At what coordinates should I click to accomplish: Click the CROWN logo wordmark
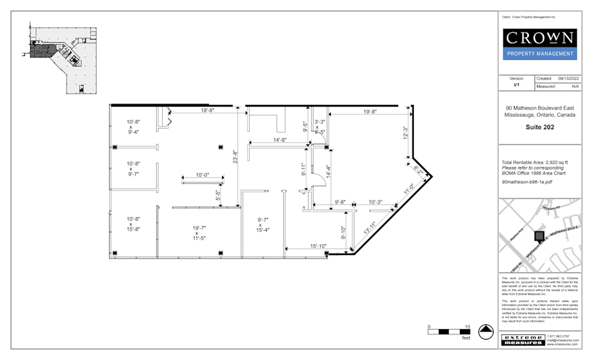tap(540, 37)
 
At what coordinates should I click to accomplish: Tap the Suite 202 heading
tap(540, 127)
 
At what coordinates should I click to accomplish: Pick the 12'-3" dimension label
tap(406, 132)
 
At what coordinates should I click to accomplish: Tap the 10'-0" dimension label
tap(202, 175)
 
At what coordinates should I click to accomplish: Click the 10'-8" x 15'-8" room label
tap(134, 224)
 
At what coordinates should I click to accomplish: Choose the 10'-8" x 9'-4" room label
tap(134, 127)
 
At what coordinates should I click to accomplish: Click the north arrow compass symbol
tap(486, 330)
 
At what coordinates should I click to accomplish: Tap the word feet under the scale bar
tap(466, 338)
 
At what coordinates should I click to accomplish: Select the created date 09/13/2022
tap(568, 78)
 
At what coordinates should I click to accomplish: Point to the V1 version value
tap(517, 86)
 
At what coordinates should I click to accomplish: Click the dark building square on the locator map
tap(539, 235)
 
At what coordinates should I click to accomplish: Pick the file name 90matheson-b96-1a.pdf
tap(526, 179)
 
